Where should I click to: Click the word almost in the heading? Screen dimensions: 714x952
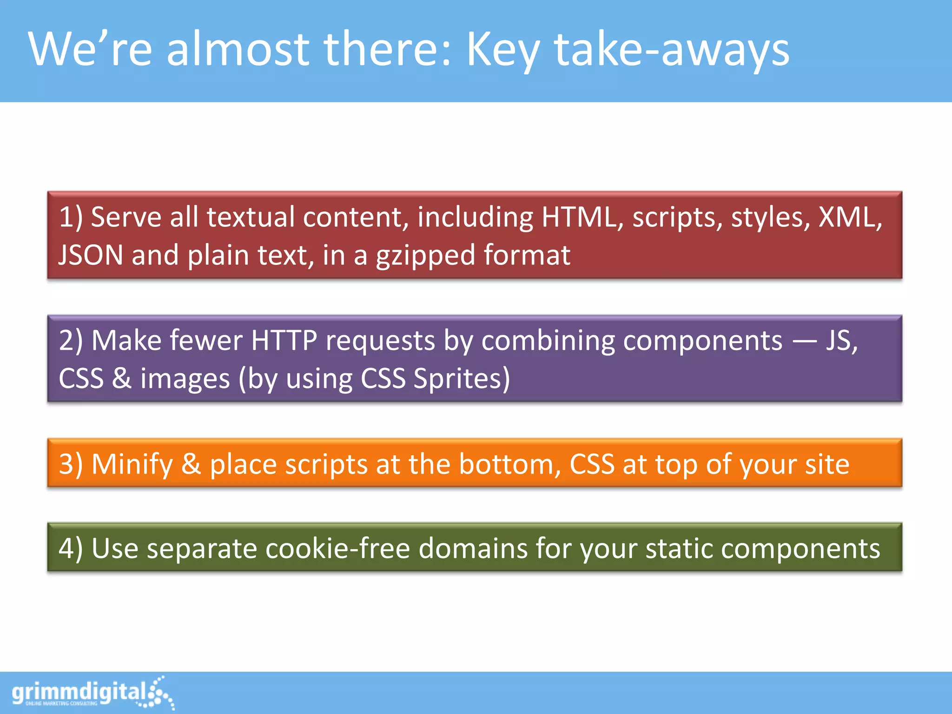coord(238,49)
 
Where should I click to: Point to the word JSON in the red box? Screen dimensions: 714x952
coord(91,255)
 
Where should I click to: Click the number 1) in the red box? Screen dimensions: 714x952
coord(71,218)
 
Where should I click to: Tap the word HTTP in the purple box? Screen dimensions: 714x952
coord(284,340)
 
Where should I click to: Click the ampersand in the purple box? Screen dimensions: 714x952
coord(121,378)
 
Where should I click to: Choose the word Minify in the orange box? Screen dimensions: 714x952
coord(132,464)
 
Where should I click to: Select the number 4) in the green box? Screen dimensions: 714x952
coord(71,549)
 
